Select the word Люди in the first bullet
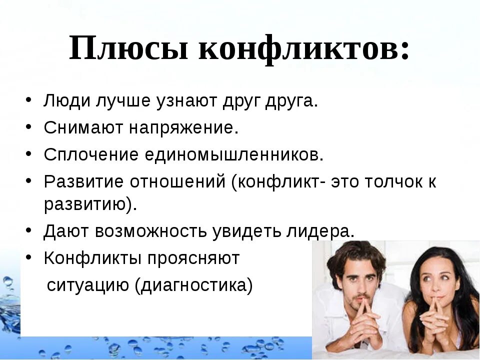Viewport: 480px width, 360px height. pyautogui.click(x=66, y=102)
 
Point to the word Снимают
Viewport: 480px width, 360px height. pyautogui.click(x=83, y=128)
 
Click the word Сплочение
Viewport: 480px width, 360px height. pyautogui.click(x=91, y=154)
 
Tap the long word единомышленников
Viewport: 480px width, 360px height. pyautogui.click(x=234, y=154)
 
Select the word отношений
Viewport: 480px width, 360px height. pyautogui.click(x=178, y=181)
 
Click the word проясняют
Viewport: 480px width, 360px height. pyautogui.click(x=193, y=258)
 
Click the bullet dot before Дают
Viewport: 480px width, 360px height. pyautogui.click(x=29, y=230)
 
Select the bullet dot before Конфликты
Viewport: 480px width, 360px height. pyautogui.click(x=29, y=257)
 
